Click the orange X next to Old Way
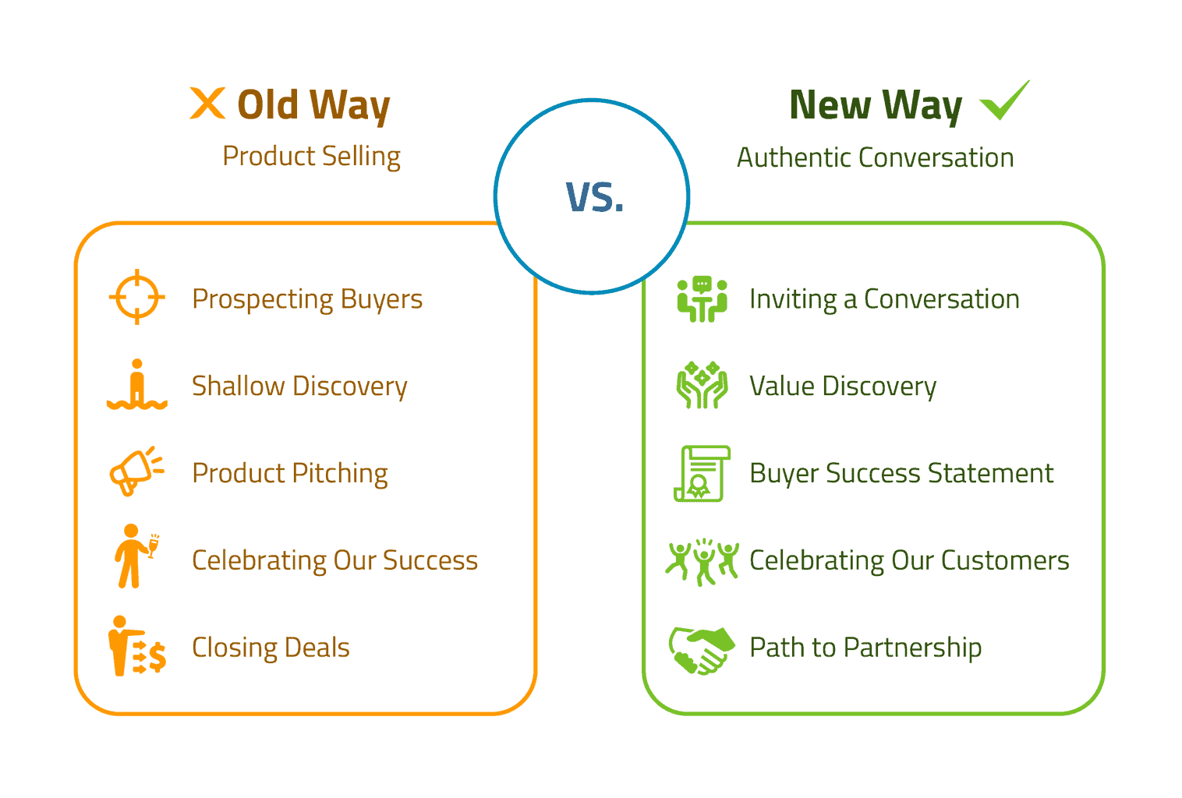[207, 103]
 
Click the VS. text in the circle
[594, 197]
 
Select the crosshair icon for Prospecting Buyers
[137, 297]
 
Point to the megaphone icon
[136, 471]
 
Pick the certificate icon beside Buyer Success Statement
[702, 473]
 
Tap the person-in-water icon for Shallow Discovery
[137, 384]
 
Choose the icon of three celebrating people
[702, 562]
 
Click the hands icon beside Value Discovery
[702, 385]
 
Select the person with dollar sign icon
[137, 646]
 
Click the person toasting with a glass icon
[136, 556]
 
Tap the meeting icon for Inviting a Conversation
[702, 299]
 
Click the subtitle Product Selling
[311, 157]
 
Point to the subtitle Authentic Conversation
[876, 157]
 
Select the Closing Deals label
[271, 648]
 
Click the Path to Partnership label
[865, 648]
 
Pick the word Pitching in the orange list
[339, 474]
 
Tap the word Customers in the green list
[1005, 560]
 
